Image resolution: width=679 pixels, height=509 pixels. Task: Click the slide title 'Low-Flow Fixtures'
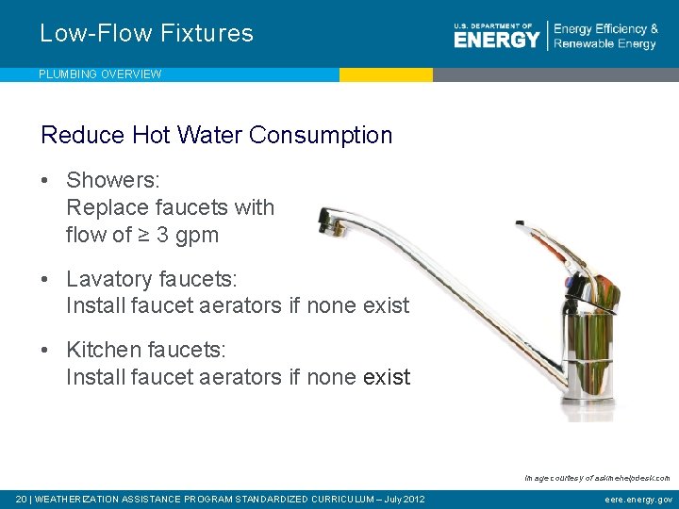[146, 34]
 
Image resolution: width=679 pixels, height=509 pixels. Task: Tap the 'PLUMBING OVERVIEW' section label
[100, 74]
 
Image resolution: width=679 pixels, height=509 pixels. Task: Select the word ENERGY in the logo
[497, 39]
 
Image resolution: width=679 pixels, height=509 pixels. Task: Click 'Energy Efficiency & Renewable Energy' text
[605, 37]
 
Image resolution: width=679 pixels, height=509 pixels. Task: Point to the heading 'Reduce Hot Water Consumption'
[216, 135]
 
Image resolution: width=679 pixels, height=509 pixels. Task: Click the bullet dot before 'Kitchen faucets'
[45, 351]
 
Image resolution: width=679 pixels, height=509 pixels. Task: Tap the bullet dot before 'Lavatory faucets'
[45, 279]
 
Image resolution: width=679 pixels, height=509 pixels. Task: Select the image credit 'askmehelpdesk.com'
[630, 478]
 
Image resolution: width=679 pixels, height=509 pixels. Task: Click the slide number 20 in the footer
[21, 499]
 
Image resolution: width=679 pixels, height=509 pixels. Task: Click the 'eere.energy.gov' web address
[638, 499]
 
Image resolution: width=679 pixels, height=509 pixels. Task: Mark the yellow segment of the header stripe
[386, 74]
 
